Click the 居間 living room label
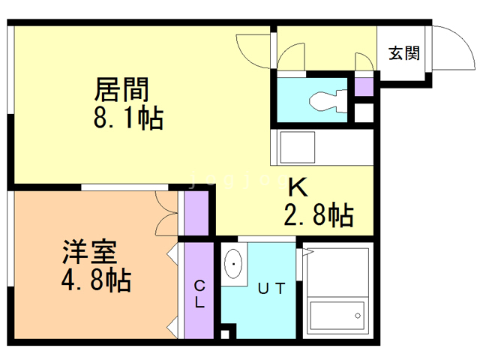121,90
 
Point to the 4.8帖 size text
95,280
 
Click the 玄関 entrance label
403,53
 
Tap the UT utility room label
271,287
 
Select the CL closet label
200,294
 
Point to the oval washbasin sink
235,264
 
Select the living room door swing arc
248,51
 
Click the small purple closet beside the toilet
364,85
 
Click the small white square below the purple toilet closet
364,113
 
